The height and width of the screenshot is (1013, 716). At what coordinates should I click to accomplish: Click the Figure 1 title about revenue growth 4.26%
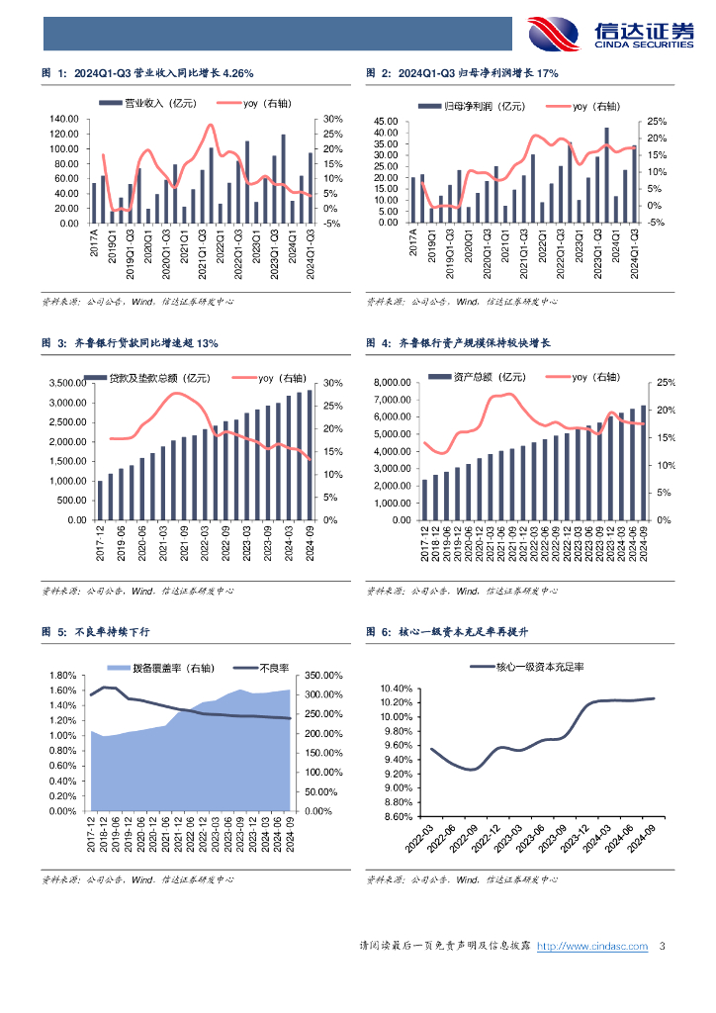click(147, 73)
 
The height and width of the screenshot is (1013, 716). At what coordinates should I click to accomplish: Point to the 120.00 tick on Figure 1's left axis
click(63, 120)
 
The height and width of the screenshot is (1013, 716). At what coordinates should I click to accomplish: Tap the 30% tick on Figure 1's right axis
click(333, 120)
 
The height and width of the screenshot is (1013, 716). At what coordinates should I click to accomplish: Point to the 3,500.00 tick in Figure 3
click(65, 384)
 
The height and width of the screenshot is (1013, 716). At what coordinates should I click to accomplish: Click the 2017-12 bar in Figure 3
click(100, 500)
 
